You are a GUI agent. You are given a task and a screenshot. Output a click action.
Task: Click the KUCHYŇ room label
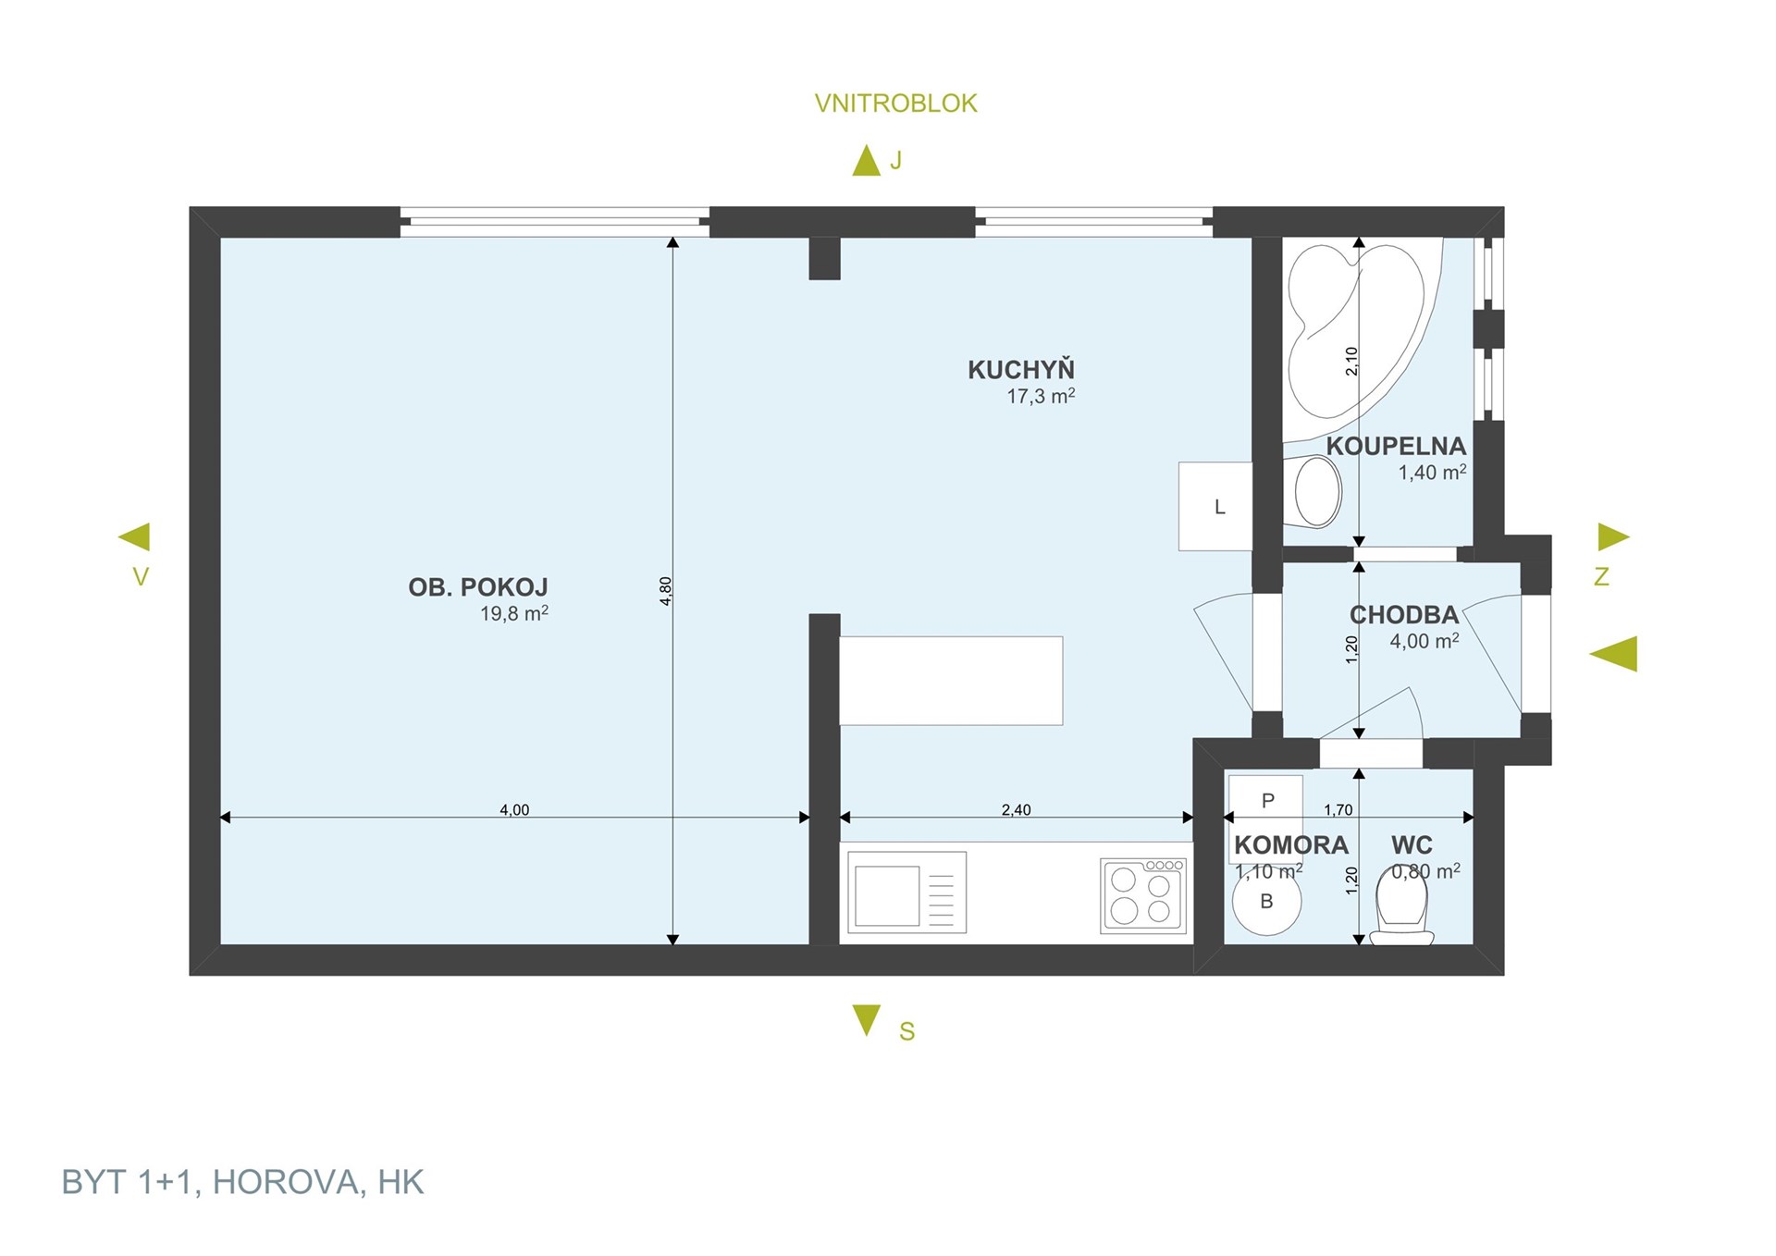click(x=1021, y=369)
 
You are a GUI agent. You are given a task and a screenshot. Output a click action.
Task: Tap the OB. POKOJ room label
click(x=478, y=587)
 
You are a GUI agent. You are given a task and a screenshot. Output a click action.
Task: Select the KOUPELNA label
click(x=1396, y=446)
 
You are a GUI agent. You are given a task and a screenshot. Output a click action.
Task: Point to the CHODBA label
click(x=1403, y=614)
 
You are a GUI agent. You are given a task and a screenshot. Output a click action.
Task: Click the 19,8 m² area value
click(x=514, y=613)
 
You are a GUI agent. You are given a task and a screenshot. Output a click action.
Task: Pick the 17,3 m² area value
click(x=1041, y=396)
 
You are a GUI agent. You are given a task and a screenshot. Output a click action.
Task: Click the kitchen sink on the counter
click(x=907, y=893)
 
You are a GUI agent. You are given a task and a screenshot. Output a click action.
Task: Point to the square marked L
click(x=1215, y=507)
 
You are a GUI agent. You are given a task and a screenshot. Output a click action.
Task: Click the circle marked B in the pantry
click(x=1266, y=901)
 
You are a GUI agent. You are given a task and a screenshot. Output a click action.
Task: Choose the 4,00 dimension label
click(x=514, y=810)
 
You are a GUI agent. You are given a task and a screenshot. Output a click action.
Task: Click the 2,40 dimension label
click(x=1016, y=810)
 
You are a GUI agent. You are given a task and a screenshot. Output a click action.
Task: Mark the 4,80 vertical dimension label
click(x=665, y=591)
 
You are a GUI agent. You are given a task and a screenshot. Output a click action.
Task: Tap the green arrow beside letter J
click(x=866, y=160)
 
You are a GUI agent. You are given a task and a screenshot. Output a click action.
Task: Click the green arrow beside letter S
click(x=867, y=1020)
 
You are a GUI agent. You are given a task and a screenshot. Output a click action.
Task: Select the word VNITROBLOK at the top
click(x=895, y=104)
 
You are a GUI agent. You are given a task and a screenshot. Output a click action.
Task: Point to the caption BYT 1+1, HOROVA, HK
click(x=242, y=1182)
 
